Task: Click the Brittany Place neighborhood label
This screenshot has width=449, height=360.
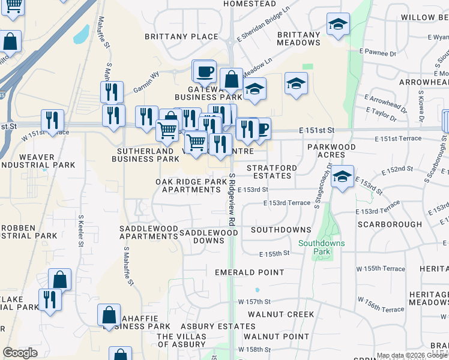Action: [181, 37]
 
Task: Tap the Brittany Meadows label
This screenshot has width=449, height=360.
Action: [298, 39]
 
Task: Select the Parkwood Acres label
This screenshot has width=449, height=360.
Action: [331, 151]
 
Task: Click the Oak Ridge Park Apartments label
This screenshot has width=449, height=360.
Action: [188, 185]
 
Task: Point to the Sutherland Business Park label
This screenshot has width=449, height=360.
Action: [145, 155]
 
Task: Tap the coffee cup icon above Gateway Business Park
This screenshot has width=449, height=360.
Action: [204, 71]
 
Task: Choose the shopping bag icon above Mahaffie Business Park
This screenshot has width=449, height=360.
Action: [109, 315]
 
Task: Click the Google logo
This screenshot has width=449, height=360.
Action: [20, 353]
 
